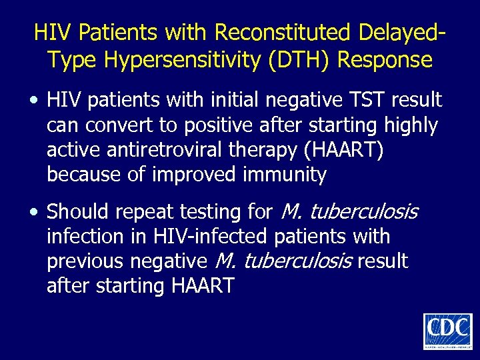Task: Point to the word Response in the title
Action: click(x=385, y=60)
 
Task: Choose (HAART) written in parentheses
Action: click(x=343, y=150)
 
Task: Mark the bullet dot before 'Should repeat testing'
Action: click(x=35, y=213)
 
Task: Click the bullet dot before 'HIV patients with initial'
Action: click(x=35, y=101)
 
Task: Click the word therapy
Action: click(x=263, y=150)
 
